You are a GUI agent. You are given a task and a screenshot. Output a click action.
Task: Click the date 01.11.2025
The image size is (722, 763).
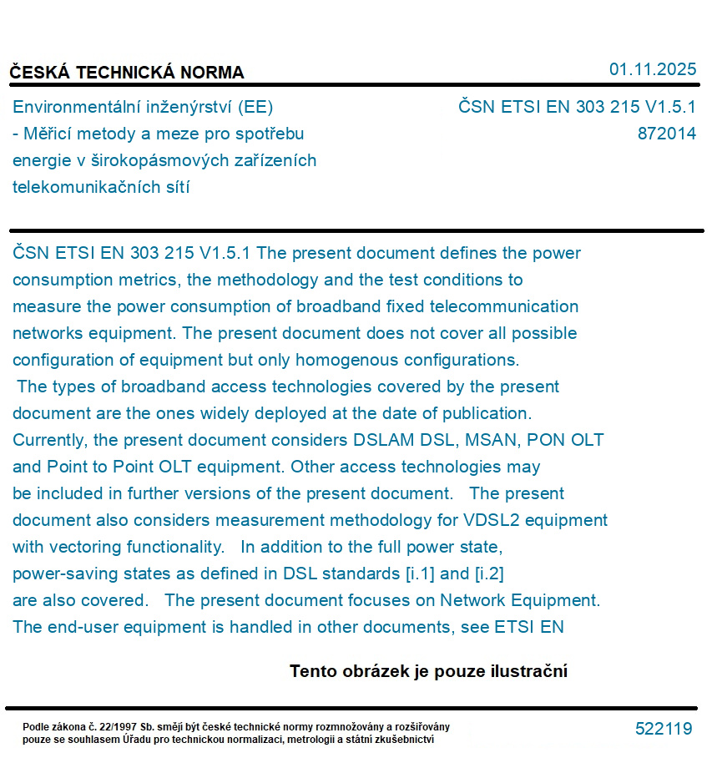click(x=652, y=69)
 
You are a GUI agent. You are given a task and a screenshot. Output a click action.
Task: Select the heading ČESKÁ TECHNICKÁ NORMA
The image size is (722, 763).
click(x=127, y=73)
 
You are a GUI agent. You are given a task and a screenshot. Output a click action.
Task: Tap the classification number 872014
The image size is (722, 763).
click(x=666, y=134)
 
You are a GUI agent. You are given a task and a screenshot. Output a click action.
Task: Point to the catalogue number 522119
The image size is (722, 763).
click(x=664, y=729)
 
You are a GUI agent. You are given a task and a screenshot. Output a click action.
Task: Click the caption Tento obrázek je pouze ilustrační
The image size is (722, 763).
click(x=428, y=671)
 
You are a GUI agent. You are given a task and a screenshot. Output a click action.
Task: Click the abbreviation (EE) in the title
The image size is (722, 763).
click(x=255, y=107)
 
